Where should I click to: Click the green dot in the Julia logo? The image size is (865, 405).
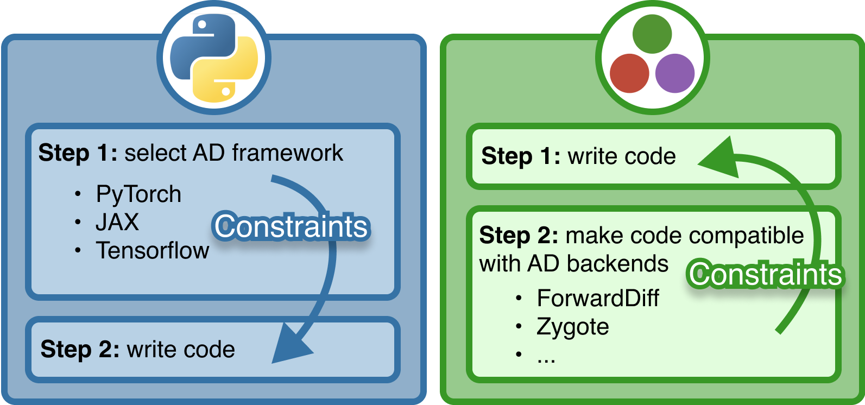tap(652, 34)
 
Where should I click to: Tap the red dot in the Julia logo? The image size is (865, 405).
tap(629, 73)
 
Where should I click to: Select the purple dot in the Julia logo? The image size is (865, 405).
tap(675, 73)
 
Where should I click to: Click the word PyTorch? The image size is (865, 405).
tap(138, 194)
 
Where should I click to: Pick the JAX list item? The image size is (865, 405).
tap(117, 222)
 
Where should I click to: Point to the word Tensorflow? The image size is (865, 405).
tap(153, 250)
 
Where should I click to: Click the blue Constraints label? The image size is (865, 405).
tap(292, 226)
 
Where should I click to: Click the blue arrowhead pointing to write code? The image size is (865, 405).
tap(291, 345)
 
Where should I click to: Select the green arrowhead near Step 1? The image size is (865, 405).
tap(719, 159)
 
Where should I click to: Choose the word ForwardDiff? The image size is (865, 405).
tap(598, 298)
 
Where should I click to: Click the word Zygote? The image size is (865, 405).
tap(572, 327)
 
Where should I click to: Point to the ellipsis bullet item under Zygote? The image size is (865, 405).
tap(546, 357)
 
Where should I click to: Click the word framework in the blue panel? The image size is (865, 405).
tap(288, 153)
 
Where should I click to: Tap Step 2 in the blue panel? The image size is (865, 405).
tap(80, 349)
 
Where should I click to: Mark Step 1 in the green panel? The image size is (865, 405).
tap(520, 156)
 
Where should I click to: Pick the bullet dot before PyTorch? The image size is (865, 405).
tap(79, 194)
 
